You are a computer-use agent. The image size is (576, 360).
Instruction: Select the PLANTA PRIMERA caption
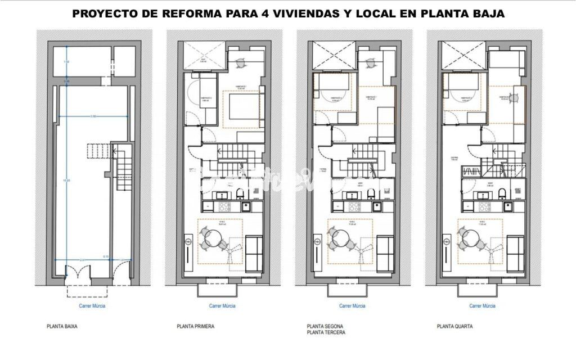click(195, 326)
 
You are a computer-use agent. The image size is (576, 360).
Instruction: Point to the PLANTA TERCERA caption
click(326, 332)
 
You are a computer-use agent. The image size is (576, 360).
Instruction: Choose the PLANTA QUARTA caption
click(454, 326)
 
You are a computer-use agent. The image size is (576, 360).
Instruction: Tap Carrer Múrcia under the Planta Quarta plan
click(482, 306)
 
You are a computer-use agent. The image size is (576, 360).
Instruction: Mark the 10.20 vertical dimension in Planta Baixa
click(67, 181)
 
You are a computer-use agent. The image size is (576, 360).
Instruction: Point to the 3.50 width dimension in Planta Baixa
click(93, 116)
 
